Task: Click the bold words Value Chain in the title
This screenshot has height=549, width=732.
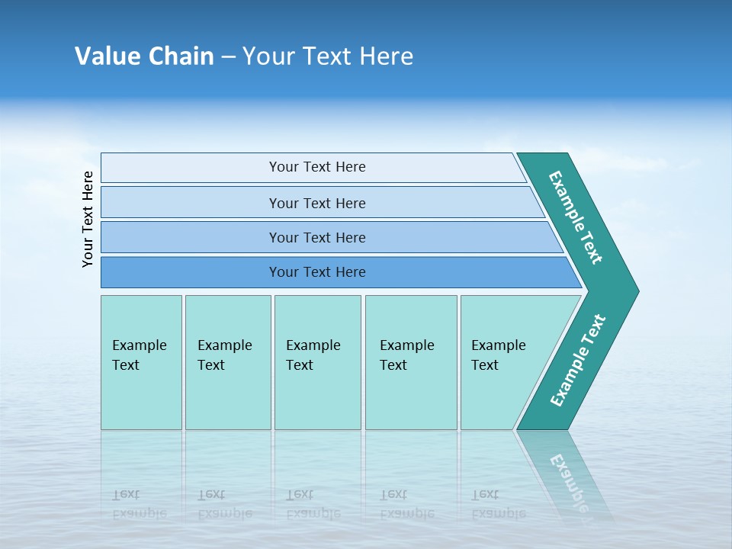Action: (x=144, y=56)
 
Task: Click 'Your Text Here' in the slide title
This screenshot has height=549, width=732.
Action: (x=328, y=56)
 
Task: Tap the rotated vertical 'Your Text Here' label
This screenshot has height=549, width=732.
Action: (x=88, y=219)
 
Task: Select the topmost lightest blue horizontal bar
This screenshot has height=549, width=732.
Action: (x=191, y=168)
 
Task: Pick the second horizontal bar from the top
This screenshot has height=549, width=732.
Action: (x=191, y=203)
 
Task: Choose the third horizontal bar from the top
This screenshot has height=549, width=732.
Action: (x=191, y=237)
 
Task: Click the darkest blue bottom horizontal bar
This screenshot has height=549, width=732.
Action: (x=191, y=272)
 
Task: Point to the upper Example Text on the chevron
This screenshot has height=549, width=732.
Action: (x=576, y=217)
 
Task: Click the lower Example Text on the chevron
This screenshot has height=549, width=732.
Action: (x=578, y=361)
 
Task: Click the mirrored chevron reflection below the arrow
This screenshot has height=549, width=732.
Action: (x=568, y=473)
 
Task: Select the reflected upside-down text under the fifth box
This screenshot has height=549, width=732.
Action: (x=498, y=503)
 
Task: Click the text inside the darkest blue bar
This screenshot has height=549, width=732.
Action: (x=317, y=272)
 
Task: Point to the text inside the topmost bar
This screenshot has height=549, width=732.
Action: (x=317, y=167)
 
